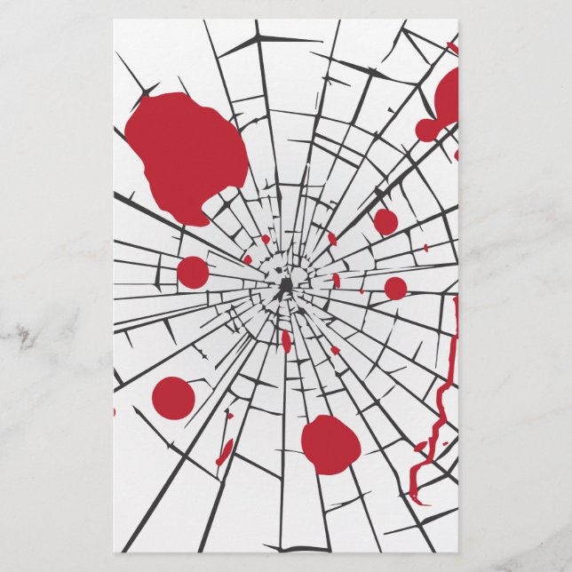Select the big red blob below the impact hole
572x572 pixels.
pyautogui.click(x=330, y=443)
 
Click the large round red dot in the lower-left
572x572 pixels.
pyautogui.click(x=173, y=397)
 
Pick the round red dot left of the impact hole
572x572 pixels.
pyautogui.click(x=193, y=272)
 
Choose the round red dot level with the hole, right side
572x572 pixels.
pyautogui.click(x=395, y=288)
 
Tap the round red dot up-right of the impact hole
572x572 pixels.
pyautogui.click(x=385, y=221)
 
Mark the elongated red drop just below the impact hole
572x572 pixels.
pyautogui.click(x=286, y=340)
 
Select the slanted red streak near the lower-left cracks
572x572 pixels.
pyautogui.click(x=226, y=450)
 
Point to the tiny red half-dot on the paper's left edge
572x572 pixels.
pyautogui.click(x=115, y=411)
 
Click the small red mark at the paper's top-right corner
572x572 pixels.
pyautogui.click(x=452, y=45)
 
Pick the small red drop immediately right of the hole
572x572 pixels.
pyautogui.click(x=337, y=281)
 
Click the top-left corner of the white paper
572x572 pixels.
pyautogui.click(x=114, y=20)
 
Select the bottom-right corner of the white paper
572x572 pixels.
pyautogui.click(x=458, y=552)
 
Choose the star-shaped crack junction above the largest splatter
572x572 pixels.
pyautogui.click(x=142, y=88)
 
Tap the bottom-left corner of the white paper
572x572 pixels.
pyautogui.click(x=114, y=552)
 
